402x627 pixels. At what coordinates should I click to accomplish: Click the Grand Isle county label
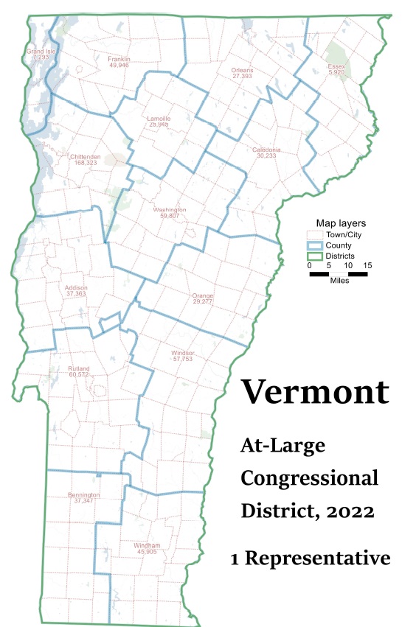coord(38,52)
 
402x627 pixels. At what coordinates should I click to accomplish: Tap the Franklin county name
coord(119,59)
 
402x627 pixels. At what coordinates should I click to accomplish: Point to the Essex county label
coord(336,66)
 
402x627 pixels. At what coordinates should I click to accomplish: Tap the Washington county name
coord(170,209)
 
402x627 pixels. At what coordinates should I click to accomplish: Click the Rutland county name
coord(78,368)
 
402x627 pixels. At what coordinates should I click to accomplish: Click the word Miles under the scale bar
coord(339,281)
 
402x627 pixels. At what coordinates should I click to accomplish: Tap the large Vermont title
coord(316,391)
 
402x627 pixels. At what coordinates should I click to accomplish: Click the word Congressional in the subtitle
coord(310,477)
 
